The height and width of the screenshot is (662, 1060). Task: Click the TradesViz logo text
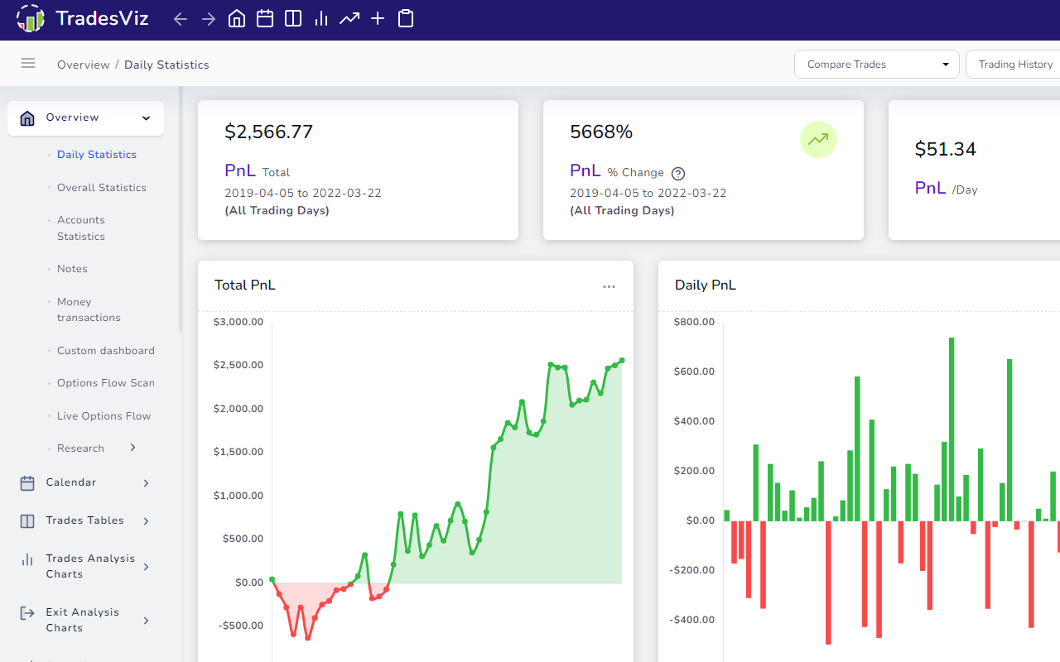pos(102,18)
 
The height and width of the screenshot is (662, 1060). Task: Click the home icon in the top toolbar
pos(237,18)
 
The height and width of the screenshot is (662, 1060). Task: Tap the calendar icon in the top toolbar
pos(265,18)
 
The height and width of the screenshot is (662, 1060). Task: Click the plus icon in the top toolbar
pos(378,18)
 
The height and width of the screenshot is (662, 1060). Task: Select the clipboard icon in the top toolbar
pos(406,18)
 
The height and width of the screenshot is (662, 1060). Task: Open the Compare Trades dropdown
pos(876,65)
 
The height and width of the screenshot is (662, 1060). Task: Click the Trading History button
pos(1015,65)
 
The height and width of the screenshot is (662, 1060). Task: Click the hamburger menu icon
pos(28,64)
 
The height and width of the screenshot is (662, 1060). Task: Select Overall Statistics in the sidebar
pos(101,188)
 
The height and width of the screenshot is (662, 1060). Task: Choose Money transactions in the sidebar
pos(89,309)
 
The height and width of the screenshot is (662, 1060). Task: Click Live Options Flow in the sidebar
pos(104,416)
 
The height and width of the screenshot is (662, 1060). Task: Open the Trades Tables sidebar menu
pos(84,520)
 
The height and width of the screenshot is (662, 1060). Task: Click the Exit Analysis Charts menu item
pos(82,620)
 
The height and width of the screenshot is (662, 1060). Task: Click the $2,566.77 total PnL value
pos(268,132)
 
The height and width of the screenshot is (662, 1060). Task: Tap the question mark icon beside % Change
pos(678,173)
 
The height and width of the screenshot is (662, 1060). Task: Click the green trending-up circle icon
pos(818,140)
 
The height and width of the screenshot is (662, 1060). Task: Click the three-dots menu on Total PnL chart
pos(609,286)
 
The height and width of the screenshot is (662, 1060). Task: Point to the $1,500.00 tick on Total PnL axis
pos(238,452)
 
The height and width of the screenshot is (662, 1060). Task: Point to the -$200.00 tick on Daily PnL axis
pos(693,570)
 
